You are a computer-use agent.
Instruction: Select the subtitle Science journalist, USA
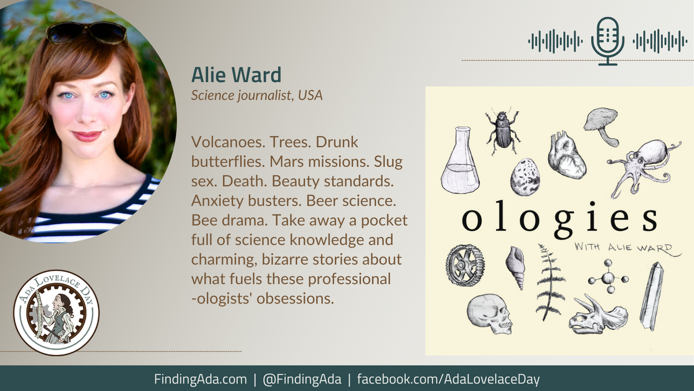(x=257, y=95)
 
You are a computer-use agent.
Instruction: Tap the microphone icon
(x=607, y=40)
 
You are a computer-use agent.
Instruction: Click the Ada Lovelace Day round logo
(x=56, y=312)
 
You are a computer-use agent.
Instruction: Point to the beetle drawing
(x=501, y=130)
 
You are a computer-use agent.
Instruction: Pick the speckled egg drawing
(x=525, y=177)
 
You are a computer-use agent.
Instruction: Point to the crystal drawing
(x=652, y=295)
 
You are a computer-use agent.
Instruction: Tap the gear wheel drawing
(x=464, y=265)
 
